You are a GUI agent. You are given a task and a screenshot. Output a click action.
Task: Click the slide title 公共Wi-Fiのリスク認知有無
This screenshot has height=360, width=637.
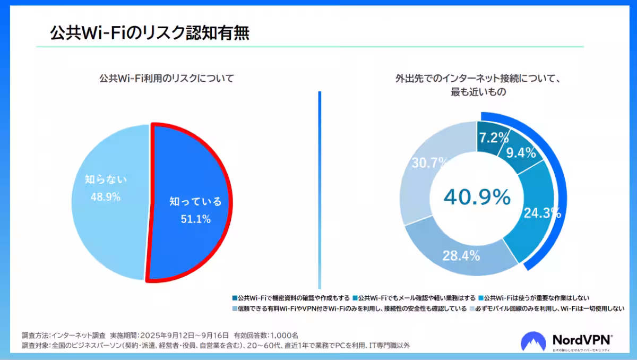tap(149, 33)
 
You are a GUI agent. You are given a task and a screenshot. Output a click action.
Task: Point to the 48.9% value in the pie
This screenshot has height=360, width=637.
tap(105, 197)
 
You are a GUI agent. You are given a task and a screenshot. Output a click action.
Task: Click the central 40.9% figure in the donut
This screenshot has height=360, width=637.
tap(477, 198)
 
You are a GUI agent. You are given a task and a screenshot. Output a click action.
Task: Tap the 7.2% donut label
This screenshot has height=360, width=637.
tap(494, 138)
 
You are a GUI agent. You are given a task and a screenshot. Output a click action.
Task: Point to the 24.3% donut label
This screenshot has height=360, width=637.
tap(541, 213)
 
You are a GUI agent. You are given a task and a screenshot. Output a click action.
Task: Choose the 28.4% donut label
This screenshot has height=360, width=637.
tap(461, 256)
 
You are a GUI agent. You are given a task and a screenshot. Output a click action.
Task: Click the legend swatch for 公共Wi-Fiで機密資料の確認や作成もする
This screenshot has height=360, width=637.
tap(235, 297)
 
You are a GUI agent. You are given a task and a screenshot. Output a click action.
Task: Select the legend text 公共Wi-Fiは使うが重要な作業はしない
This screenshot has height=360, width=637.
tap(537, 297)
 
